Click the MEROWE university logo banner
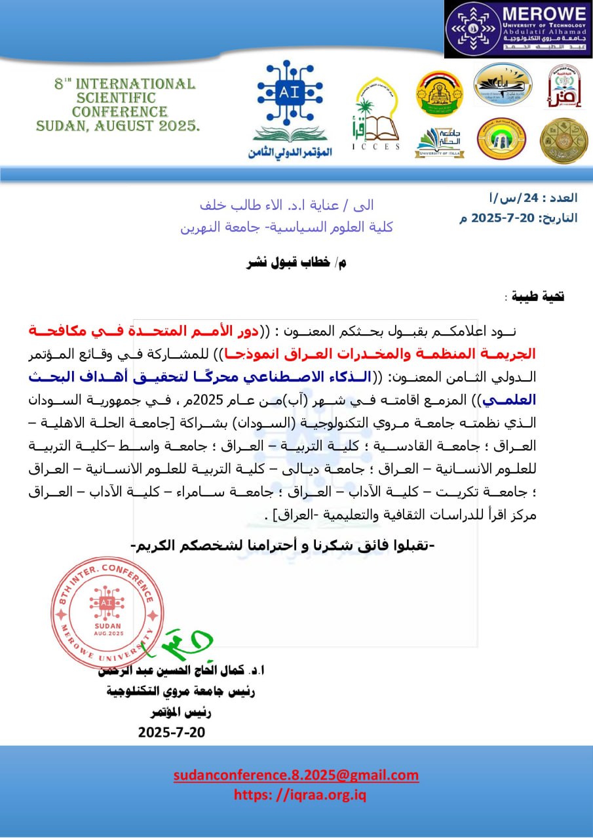(518, 29)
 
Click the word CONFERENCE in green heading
(120, 112)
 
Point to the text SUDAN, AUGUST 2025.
(119, 126)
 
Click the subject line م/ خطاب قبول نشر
(296, 263)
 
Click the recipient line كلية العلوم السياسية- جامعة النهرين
(286, 227)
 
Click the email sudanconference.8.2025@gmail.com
(296, 775)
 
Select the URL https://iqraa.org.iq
(300, 795)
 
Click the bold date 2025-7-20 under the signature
(172, 732)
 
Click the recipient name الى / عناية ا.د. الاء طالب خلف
(286, 205)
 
